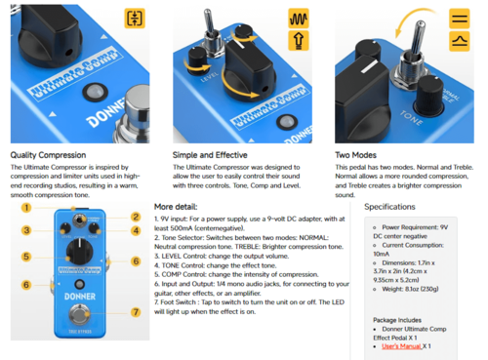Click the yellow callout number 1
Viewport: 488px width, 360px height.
coord(26,207)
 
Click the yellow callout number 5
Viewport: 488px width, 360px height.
coord(26,257)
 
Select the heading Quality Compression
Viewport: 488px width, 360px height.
coord(48,154)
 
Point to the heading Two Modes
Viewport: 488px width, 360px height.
coord(356,154)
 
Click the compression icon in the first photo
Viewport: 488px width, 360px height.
coord(135,19)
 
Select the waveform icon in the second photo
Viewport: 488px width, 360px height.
coord(299,19)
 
